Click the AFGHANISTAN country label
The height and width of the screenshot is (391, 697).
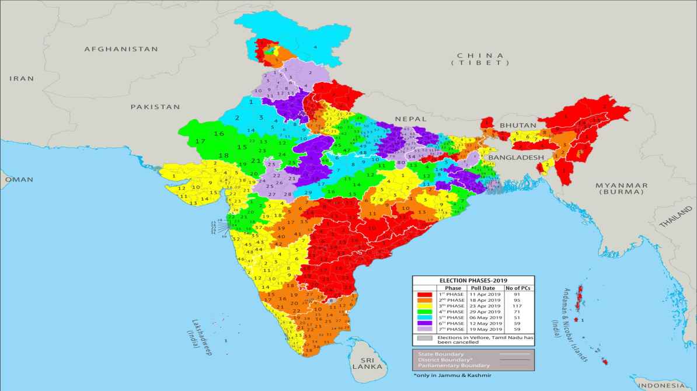[121, 50]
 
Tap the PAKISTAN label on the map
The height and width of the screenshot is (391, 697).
[155, 107]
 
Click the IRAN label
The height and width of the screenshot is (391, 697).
[22, 78]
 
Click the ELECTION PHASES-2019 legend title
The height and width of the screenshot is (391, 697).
[473, 281]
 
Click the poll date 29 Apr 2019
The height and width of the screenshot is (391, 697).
[485, 312]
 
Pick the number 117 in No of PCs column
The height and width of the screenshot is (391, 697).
[517, 306]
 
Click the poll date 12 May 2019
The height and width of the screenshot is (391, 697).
[485, 323]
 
